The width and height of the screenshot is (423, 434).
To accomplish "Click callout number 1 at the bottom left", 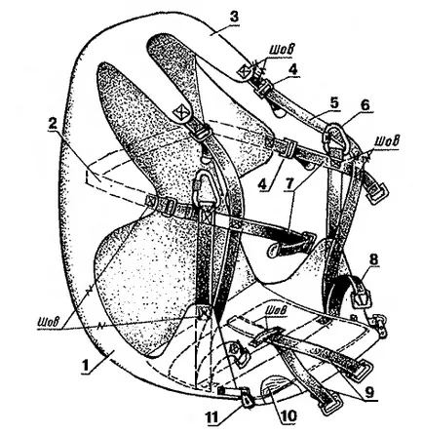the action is [x=86, y=366].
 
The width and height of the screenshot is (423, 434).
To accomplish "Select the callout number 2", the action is [x=53, y=123].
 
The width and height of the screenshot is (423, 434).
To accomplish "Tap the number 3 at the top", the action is [x=233, y=19].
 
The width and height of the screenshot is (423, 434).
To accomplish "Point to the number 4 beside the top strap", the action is [x=293, y=70].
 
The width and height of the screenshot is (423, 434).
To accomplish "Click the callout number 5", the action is [x=334, y=103].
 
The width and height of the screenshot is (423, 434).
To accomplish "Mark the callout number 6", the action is [x=364, y=104].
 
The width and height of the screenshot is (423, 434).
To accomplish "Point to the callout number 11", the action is [x=212, y=415].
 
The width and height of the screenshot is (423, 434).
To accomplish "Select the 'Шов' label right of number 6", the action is [x=387, y=141].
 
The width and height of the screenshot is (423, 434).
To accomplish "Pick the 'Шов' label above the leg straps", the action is [x=276, y=310].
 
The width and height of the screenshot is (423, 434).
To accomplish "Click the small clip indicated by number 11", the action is [x=248, y=399].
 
